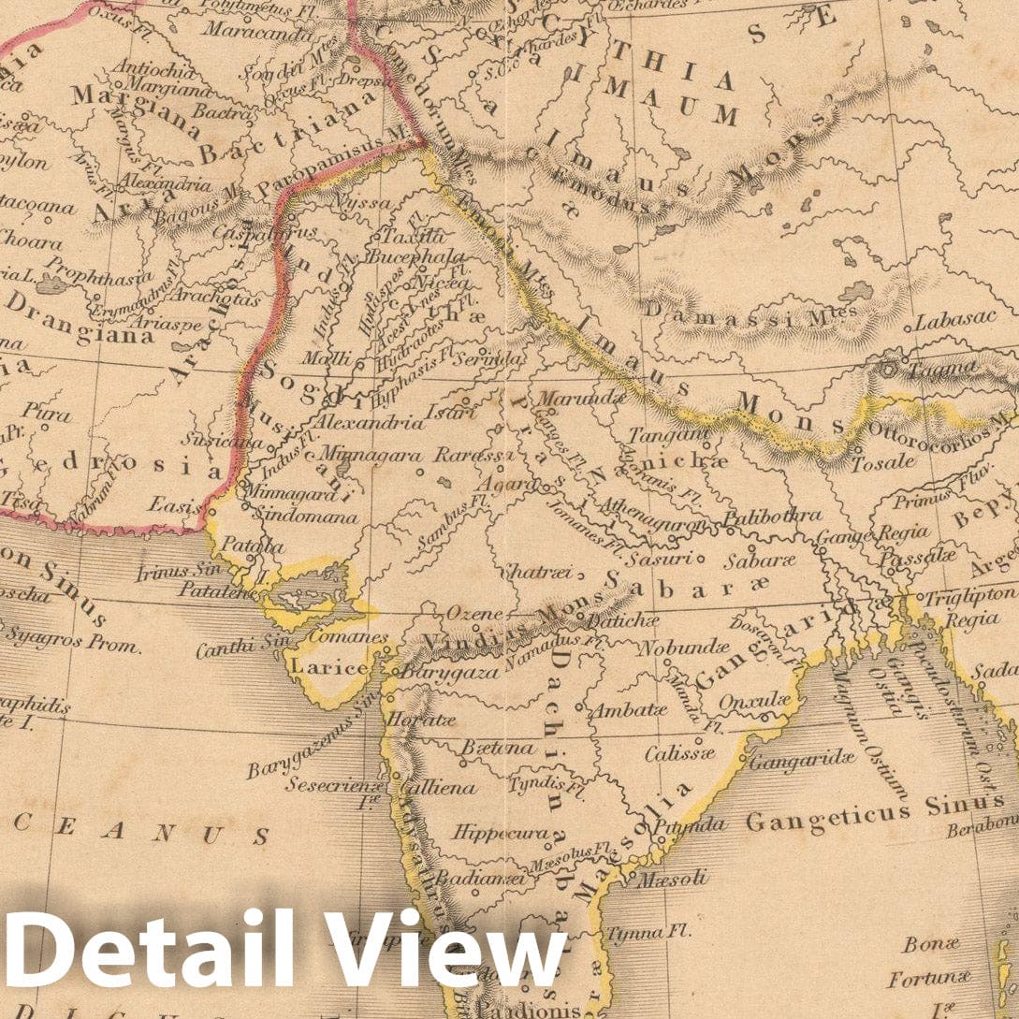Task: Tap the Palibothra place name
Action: [x=773, y=515]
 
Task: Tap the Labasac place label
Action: [x=956, y=320]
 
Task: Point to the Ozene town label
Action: [x=473, y=614]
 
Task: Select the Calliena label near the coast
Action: [x=437, y=788]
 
